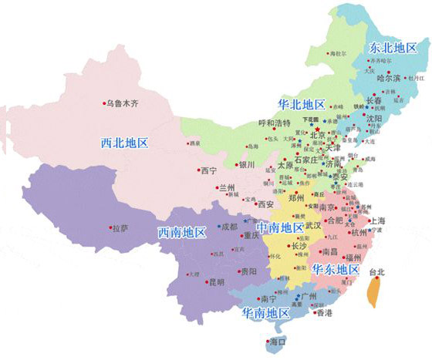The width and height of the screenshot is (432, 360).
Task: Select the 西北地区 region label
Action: pyautogui.click(x=125, y=143)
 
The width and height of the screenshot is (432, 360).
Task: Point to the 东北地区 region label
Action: pyautogui.click(x=393, y=46)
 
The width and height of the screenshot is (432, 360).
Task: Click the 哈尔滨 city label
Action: pyautogui.click(x=387, y=77)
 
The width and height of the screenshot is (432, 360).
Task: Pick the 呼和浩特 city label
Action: pyautogui.click(x=274, y=123)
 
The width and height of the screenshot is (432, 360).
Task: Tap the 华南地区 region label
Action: pyautogui.click(x=264, y=313)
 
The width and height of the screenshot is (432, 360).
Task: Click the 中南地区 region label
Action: pyautogui.click(x=279, y=227)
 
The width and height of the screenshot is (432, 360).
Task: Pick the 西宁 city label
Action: pyautogui.click(x=208, y=170)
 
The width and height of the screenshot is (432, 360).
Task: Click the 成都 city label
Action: pyautogui.click(x=229, y=227)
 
